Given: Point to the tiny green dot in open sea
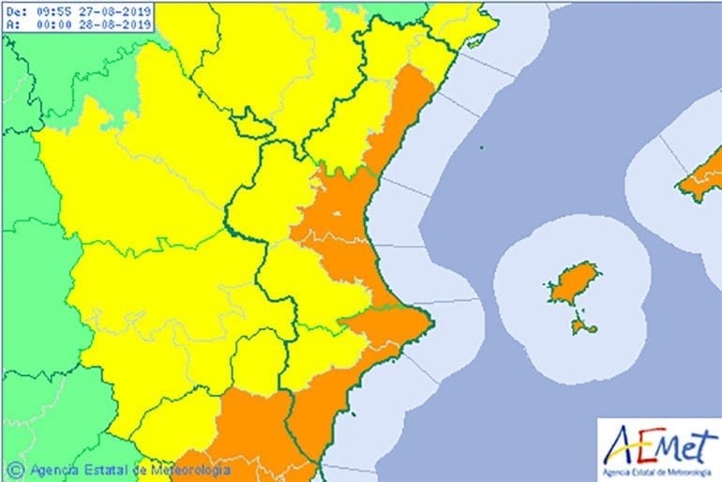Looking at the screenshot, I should pos(481,146).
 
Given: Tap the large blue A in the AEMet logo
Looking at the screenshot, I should pos(618,441).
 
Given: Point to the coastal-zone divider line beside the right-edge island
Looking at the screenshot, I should pos(672,150).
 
